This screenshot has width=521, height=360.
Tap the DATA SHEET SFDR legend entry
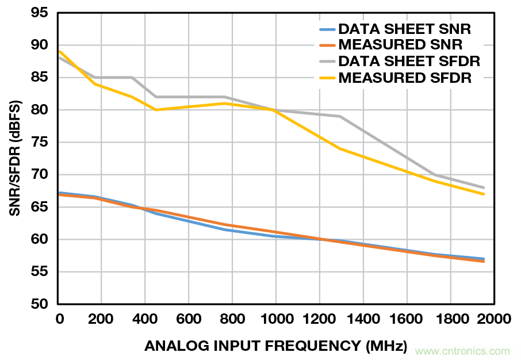pyautogui.click(x=409, y=61)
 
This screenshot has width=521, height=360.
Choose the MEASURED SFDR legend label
pyautogui.click(x=405, y=78)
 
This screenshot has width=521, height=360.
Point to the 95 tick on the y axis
pyautogui.click(x=39, y=13)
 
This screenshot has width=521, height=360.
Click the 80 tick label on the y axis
pyautogui.click(x=39, y=110)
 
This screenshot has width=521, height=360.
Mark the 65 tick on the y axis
pyautogui.click(x=39, y=207)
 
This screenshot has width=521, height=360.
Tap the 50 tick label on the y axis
pyautogui.click(x=39, y=304)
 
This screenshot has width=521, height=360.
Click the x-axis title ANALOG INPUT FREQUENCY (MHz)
pyautogui.click(x=275, y=346)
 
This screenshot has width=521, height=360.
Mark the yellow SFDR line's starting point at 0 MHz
pyautogui.click(x=59, y=51)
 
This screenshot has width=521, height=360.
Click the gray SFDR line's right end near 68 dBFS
pyautogui.click(x=484, y=187)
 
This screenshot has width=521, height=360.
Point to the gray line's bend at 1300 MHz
pyautogui.click(x=340, y=116)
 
